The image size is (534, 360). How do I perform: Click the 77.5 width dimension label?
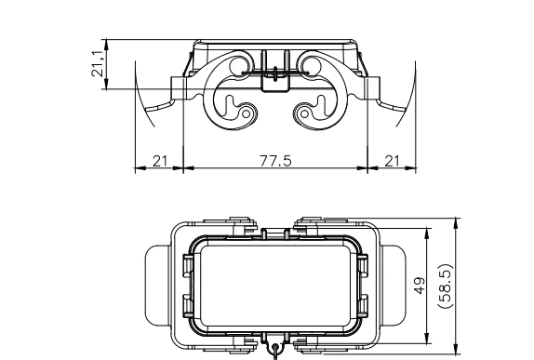(275, 161)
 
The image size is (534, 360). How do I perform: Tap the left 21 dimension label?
(159, 161)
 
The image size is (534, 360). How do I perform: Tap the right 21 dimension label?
(391, 161)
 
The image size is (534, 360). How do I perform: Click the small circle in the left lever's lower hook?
(245, 114)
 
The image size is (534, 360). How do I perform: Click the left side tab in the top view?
(154, 285)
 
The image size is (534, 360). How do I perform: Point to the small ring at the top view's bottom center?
(275, 353)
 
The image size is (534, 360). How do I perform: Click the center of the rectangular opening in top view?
(275, 283)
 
